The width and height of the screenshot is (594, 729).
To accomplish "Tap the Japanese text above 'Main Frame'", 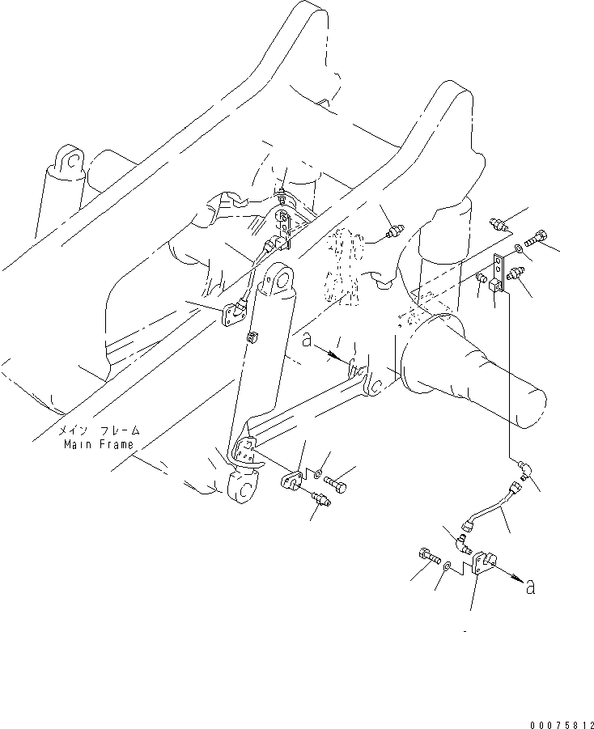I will (x=102, y=431).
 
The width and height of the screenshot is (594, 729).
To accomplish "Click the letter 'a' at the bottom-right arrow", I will (x=530, y=588).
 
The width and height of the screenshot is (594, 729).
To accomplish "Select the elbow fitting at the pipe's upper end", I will (x=523, y=468).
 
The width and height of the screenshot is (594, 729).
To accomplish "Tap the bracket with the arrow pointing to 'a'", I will (x=483, y=564).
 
